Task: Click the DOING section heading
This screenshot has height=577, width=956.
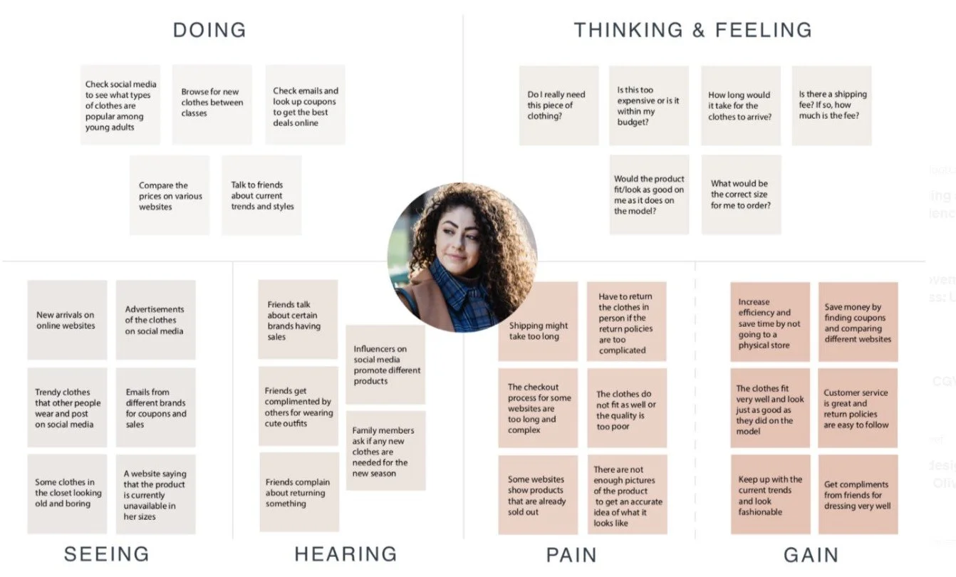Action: click(x=209, y=30)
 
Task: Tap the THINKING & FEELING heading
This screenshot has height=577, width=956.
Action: click(x=692, y=30)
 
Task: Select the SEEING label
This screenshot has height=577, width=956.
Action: click(x=107, y=554)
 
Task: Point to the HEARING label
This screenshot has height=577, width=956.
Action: click(x=345, y=554)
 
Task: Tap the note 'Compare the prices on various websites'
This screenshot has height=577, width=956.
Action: click(x=170, y=196)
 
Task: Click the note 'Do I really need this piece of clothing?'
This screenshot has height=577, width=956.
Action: click(x=558, y=105)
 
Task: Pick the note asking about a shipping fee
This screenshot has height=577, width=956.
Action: click(x=831, y=105)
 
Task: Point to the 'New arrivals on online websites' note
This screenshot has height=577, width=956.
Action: click(x=67, y=320)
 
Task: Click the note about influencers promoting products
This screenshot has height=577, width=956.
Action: click(x=385, y=365)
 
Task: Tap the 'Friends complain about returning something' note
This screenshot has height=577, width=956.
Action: click(x=298, y=492)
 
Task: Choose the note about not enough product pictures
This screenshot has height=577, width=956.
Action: click(x=627, y=495)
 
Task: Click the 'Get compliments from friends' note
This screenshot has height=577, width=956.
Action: click(x=858, y=495)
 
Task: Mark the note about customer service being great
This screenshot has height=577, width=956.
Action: click(x=858, y=408)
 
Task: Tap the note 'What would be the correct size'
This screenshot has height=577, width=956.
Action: click(x=741, y=194)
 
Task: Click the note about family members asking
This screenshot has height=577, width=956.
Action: click(x=385, y=451)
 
